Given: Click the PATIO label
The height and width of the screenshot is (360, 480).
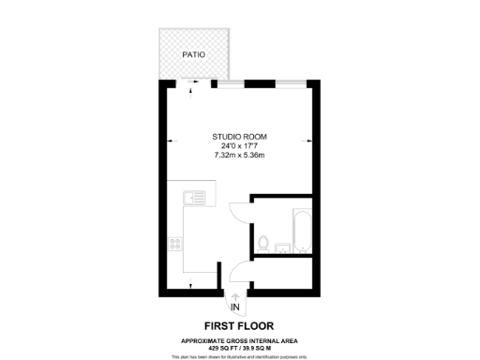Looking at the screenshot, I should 194,54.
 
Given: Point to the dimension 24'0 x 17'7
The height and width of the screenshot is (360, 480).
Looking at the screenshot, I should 240,145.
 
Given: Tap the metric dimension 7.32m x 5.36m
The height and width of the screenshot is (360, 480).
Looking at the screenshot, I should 240,154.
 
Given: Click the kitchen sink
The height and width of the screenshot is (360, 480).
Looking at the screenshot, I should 195,197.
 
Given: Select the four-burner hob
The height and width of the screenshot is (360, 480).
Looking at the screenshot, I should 174,244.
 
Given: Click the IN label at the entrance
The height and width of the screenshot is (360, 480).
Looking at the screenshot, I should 235,307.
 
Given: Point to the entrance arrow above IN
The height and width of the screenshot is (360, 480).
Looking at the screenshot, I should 235,295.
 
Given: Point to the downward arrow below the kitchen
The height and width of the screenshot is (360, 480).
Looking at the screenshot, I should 192,284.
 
